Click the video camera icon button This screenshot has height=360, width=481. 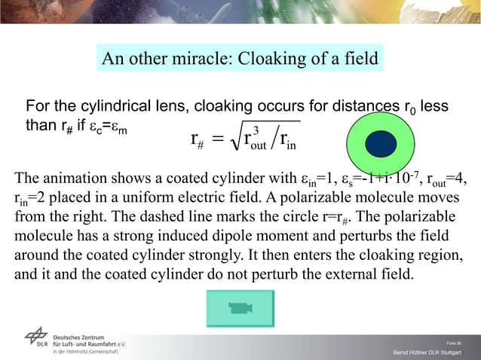(x=240, y=307)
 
